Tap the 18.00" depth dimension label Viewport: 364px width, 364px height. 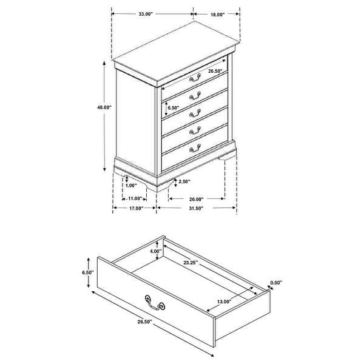pyautogui.click(x=217, y=13)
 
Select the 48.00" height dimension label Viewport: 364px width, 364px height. pyautogui.click(x=104, y=107)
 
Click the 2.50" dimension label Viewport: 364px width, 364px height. pyautogui.click(x=184, y=181)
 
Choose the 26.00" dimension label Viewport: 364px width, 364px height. pyautogui.click(x=195, y=198)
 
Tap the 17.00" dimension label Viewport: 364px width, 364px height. pyautogui.click(x=135, y=208)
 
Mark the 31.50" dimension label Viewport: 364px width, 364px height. pyautogui.click(x=195, y=208)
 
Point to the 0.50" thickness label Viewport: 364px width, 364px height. pyautogui.click(x=277, y=282)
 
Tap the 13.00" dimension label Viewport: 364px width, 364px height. pyautogui.click(x=224, y=302)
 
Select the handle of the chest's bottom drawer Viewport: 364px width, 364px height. pyautogui.click(x=195, y=147)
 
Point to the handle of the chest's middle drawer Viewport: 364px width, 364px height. pyautogui.click(x=195, y=112)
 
